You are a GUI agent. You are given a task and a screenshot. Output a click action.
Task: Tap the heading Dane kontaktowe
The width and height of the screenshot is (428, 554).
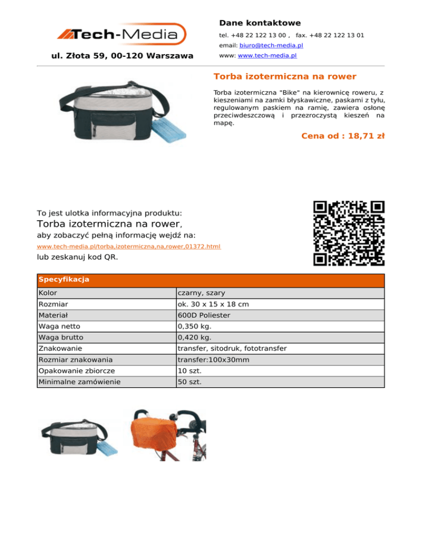click(260, 23)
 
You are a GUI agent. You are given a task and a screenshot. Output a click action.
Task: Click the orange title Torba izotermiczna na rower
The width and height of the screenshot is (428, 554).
click(285, 76)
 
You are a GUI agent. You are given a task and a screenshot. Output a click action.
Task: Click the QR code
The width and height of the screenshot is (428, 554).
click(349, 233)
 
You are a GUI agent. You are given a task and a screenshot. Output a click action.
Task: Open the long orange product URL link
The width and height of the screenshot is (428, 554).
click(129, 246)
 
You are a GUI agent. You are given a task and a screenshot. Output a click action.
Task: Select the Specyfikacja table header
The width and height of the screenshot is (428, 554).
click(64, 279)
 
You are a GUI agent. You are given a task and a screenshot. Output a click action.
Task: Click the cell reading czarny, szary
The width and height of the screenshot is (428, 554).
click(201, 293)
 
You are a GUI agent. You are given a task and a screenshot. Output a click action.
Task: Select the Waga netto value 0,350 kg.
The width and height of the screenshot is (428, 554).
click(194, 327)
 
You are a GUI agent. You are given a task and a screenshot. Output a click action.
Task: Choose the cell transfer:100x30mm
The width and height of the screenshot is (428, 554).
click(213, 360)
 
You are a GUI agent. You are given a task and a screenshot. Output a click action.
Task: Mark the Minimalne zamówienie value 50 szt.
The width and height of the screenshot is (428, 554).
click(189, 382)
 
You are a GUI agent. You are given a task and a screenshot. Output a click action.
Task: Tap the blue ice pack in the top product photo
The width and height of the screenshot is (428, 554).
click(180, 126)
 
